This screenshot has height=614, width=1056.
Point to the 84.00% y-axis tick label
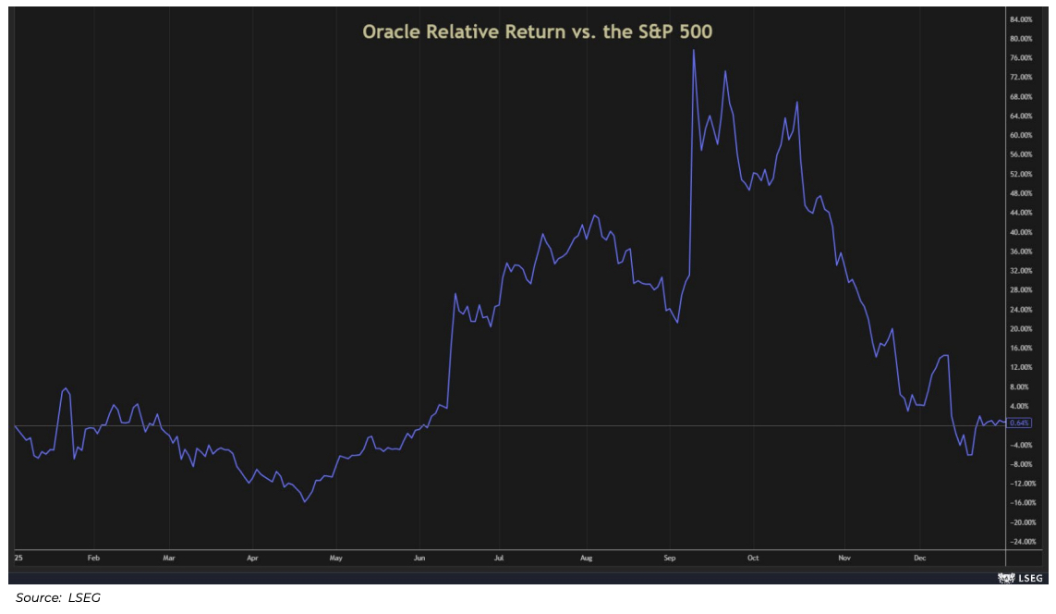pyautogui.click(x=1023, y=18)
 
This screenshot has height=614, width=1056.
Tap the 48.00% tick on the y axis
pyautogui.click(x=1023, y=193)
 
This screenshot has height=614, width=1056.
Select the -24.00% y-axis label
pyautogui.click(x=1023, y=542)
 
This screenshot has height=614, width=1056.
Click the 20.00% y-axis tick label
pyautogui.click(x=1023, y=328)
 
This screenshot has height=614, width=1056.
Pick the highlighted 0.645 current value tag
pyautogui.click(x=1020, y=423)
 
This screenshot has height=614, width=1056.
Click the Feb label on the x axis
pyautogui.click(x=93, y=559)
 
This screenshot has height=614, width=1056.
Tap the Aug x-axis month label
pyautogui.click(x=586, y=559)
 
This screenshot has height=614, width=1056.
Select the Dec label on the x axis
pyautogui.click(x=919, y=559)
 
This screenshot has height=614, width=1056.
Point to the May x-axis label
pyautogui.click(x=336, y=559)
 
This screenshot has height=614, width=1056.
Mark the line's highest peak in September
pyautogui.click(x=693, y=50)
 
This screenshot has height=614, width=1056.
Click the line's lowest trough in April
pyautogui.click(x=305, y=502)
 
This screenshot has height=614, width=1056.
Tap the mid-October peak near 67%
pyautogui.click(x=796, y=102)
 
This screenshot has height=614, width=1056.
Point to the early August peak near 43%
pyautogui.click(x=594, y=215)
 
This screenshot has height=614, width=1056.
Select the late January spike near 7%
pyautogui.click(x=66, y=388)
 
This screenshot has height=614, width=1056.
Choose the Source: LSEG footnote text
pyautogui.click(x=58, y=598)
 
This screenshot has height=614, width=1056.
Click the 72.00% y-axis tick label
pyautogui.click(x=1023, y=77)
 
